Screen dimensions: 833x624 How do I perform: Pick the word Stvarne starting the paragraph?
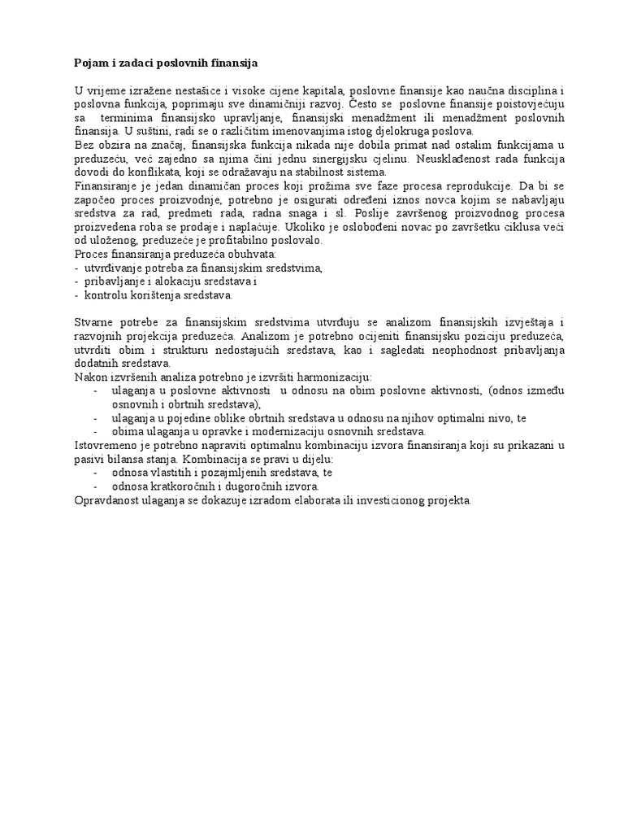coord(94,323)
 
